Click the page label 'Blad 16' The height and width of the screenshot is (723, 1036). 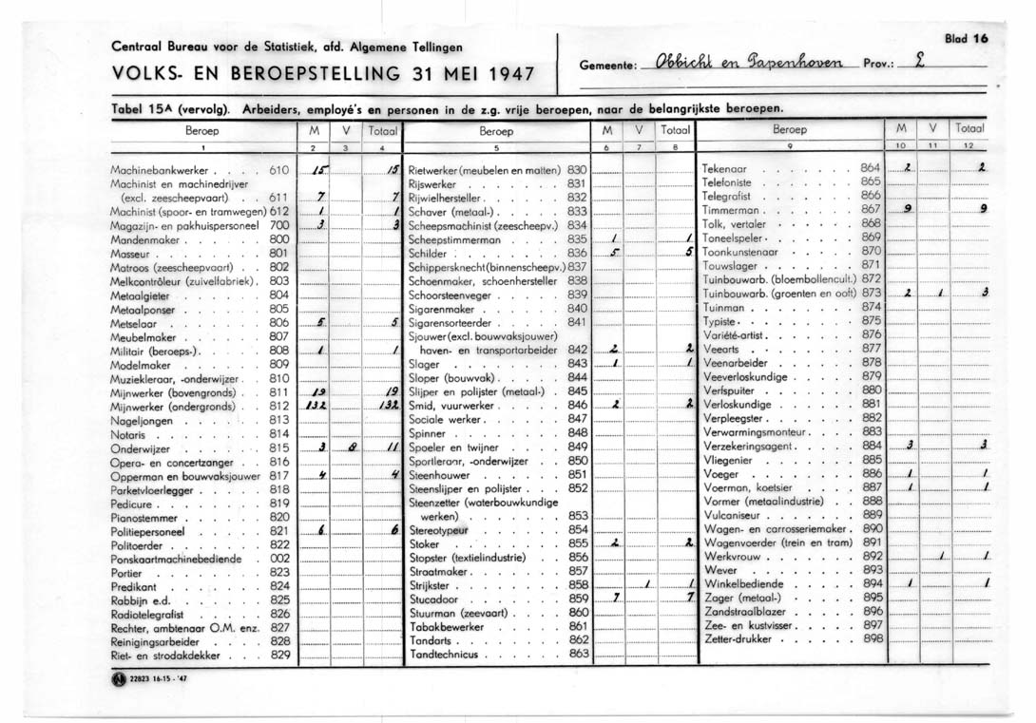pos(967,39)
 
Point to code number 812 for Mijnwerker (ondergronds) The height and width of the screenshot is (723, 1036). pos(278,406)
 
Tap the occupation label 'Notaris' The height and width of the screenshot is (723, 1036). pos(127,433)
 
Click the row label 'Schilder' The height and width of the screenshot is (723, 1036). pos(427,255)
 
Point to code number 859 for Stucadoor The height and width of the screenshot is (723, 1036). pos(578,599)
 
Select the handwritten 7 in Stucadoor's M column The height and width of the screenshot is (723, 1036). pos(617,599)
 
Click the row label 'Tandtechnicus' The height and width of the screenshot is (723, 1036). pos(446,654)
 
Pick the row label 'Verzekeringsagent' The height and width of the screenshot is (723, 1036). pos(751,446)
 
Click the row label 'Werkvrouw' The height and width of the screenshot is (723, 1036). pos(733,556)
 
